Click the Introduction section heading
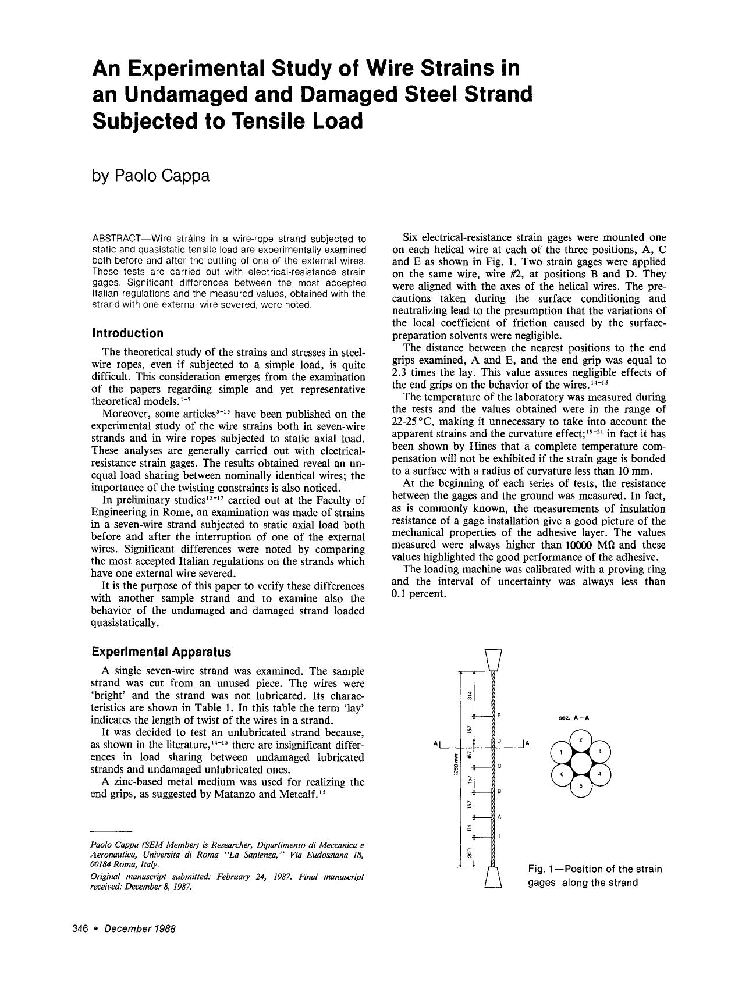point(127,333)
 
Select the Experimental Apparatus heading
point(161,652)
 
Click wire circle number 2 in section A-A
point(581,739)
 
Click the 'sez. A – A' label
point(574,718)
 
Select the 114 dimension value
point(470,827)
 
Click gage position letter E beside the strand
point(500,714)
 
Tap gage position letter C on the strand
point(500,766)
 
